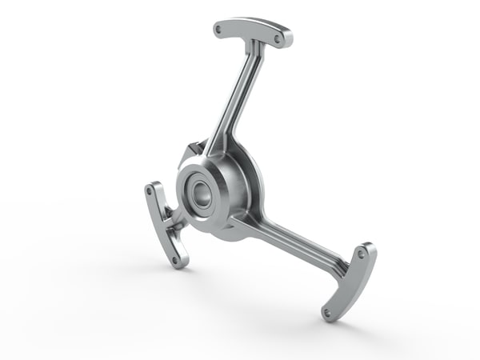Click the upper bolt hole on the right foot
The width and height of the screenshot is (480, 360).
point(362,254)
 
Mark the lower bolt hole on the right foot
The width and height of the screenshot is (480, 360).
point(327,312)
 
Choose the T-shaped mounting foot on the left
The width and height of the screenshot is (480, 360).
point(164,224)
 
